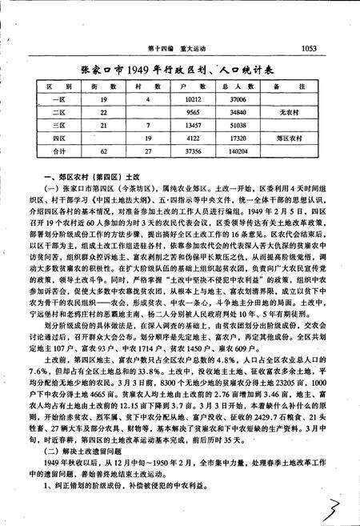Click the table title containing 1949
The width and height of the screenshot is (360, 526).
180,70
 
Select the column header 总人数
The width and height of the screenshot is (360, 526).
238,84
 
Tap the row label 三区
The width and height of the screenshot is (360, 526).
48,125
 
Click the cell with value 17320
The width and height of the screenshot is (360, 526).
238,137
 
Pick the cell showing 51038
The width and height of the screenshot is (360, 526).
238,125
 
